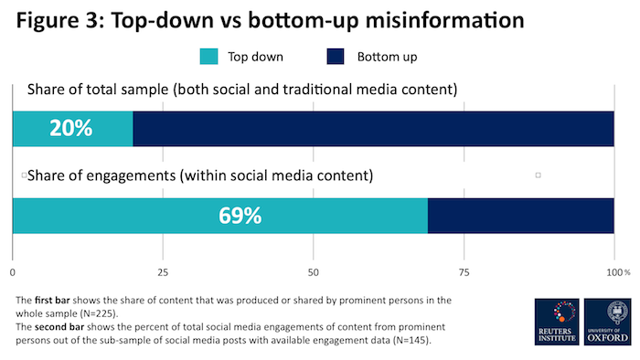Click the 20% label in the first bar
[71, 129]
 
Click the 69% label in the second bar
[240, 217]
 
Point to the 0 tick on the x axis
[13, 272]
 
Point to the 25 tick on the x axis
[163, 272]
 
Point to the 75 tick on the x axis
[464, 272]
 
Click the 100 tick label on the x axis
[612, 272]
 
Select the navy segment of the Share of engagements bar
[521, 217]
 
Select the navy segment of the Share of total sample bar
[373, 129]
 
